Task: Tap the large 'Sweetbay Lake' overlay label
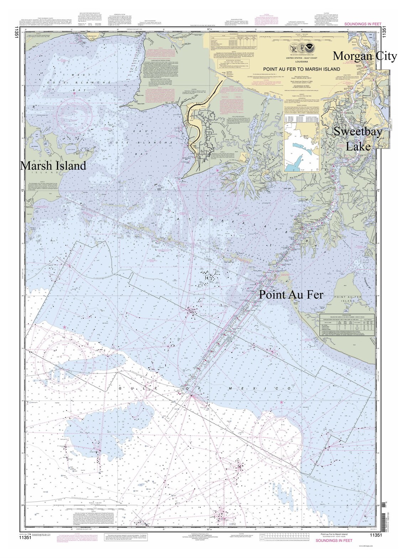point(358,139)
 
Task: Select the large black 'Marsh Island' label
point(53,166)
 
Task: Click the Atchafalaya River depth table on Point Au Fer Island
point(347,325)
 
